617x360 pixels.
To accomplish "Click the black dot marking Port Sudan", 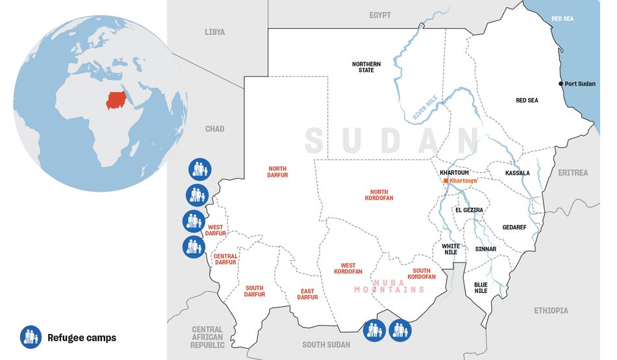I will [561, 84].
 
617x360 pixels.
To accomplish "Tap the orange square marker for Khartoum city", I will [446, 180].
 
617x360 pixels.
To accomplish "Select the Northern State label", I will [366, 67].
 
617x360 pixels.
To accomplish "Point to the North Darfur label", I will [277, 172].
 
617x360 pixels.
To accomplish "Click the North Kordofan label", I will [381, 194].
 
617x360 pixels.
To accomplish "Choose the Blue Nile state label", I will [481, 288].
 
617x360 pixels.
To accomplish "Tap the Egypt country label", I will [380, 15].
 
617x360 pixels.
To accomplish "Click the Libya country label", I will [214, 32].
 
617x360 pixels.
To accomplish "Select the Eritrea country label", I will [572, 173].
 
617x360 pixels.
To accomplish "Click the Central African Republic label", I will [207, 337].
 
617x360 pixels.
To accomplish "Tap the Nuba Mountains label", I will [389, 285].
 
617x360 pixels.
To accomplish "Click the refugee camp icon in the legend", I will [31, 337].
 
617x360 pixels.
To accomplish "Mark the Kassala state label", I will [518, 174].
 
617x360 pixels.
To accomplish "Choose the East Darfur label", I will [308, 294].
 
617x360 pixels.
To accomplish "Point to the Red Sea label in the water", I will [562, 19].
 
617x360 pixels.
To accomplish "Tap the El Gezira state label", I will [468, 210].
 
